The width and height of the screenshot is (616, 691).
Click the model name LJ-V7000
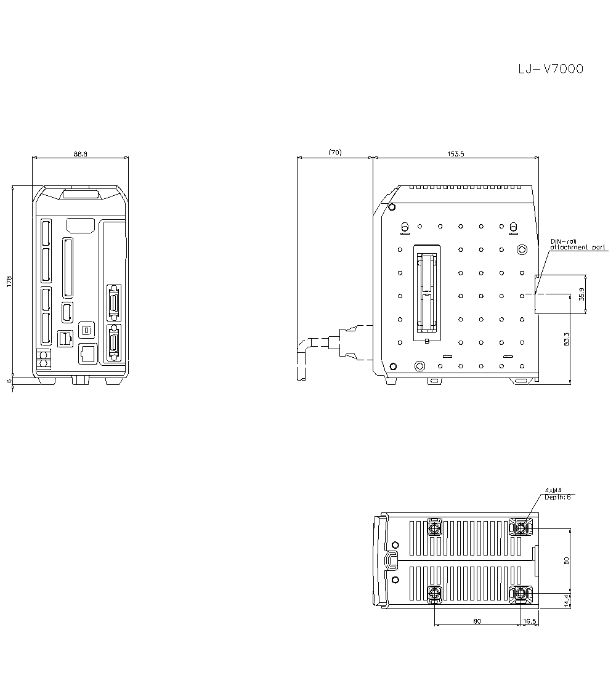tap(551, 69)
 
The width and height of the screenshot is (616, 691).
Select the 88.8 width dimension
tap(80, 154)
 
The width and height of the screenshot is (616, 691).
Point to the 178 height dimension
tap(9, 281)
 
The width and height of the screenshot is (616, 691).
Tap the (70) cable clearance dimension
tap(334, 152)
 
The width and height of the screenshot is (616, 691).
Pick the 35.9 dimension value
tap(582, 294)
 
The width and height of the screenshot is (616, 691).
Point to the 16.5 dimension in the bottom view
tap(530, 621)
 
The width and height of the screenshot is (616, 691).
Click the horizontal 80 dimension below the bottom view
tap(477, 621)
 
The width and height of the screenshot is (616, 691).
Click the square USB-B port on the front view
tap(87, 330)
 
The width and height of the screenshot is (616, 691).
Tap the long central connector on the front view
tap(67, 269)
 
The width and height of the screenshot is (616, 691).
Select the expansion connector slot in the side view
tap(427, 293)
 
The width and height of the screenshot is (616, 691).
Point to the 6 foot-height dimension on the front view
tap(9, 381)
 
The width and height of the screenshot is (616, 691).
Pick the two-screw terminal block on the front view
tap(44, 360)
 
